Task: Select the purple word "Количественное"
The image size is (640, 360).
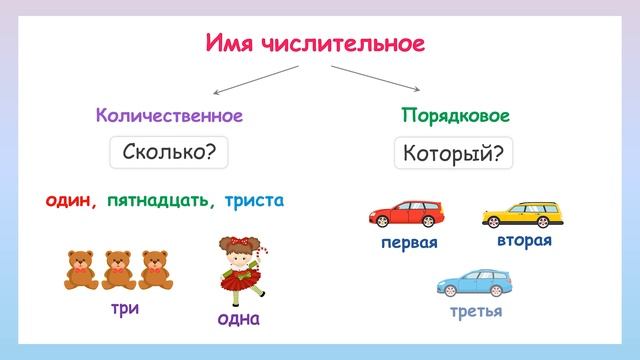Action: pyautogui.click(x=169, y=115)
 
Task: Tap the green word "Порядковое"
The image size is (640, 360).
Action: pyautogui.click(x=449, y=115)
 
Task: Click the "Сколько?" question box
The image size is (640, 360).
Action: pyautogui.click(x=168, y=153)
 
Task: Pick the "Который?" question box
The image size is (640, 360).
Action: pyautogui.click(x=453, y=153)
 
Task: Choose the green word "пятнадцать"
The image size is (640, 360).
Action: pyautogui.click(x=160, y=200)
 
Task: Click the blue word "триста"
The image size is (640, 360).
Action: pyautogui.click(x=254, y=200)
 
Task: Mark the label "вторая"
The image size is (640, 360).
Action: pyautogui.click(x=524, y=241)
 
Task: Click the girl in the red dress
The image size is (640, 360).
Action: pyautogui.click(x=239, y=268)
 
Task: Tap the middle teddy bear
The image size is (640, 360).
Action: pyautogui.click(x=119, y=268)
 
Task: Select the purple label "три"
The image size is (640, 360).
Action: pyautogui.click(x=124, y=309)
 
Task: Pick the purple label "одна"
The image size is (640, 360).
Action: pyautogui.click(x=238, y=319)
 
